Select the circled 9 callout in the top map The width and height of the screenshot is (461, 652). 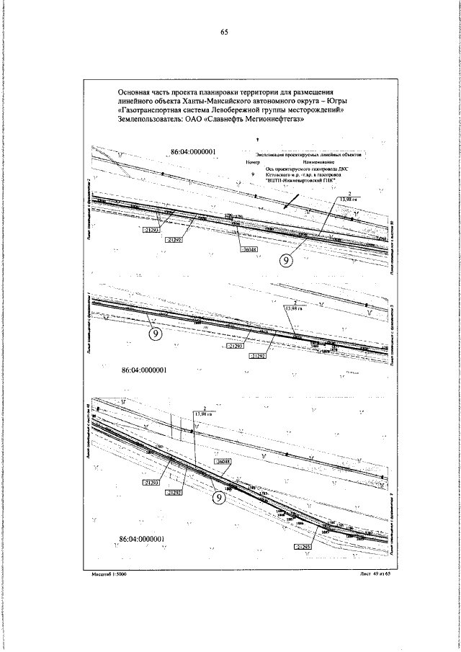tap(287, 262)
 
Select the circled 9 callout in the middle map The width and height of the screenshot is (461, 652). tap(155, 333)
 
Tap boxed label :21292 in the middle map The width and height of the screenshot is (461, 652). tap(259, 356)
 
